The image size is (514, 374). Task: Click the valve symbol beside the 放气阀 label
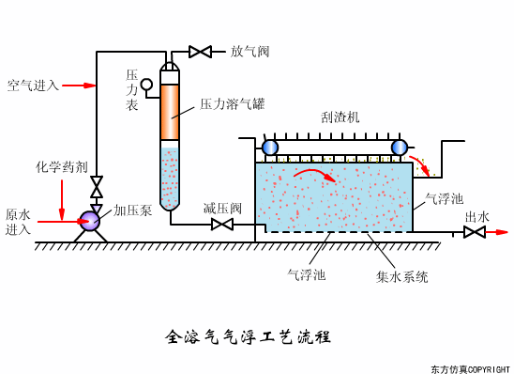(x=200, y=52)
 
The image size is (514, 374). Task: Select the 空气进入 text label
(x=32, y=86)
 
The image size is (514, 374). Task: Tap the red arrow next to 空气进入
(x=80, y=86)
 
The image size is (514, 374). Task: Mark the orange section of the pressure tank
(x=170, y=114)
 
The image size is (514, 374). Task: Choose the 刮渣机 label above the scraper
(x=340, y=117)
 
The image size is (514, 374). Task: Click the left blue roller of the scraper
(x=270, y=148)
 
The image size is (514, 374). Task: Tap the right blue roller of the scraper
(x=400, y=148)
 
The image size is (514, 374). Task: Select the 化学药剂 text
(x=62, y=166)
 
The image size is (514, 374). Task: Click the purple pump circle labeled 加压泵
(x=90, y=221)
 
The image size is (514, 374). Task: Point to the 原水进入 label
(x=19, y=222)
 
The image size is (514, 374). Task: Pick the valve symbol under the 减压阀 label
(x=222, y=225)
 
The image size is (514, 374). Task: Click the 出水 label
(x=476, y=216)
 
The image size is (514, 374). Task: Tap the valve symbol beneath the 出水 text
(x=475, y=232)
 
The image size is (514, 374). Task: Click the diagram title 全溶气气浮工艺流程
(x=248, y=335)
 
